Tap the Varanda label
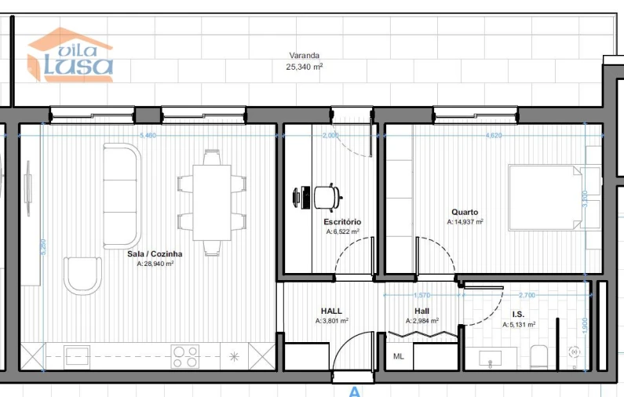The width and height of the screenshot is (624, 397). coord(305,56)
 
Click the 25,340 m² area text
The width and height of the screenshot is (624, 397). coord(305,67)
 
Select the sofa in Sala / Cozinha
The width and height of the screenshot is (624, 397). coord(122,195)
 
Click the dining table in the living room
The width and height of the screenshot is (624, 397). coord(212,202)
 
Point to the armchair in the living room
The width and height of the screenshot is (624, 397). coord(82,275)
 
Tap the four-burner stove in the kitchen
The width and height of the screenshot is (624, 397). coord(186,357)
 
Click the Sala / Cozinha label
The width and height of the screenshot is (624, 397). coord(155,254)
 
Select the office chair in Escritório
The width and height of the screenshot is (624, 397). coord(327,196)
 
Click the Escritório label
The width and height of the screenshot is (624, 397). coord(342,222)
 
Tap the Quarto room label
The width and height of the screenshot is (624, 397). coord(465,212)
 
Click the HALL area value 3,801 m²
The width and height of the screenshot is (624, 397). coord(332,321)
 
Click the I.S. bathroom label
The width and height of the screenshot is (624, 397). coord(518,313)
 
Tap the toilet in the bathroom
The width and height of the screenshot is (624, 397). coord(539,357)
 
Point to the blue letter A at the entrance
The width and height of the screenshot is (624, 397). coord(354,391)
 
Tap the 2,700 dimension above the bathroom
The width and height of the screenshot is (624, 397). coord(527,296)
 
